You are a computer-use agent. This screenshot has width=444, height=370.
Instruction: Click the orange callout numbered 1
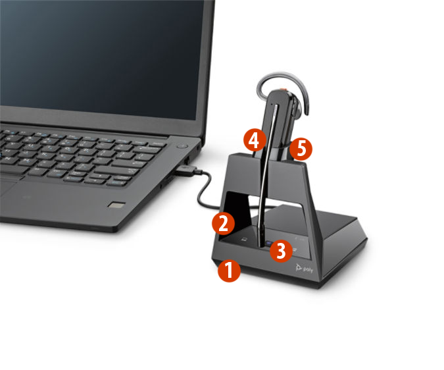tap(229, 271)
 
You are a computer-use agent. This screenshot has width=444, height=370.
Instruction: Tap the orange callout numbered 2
tap(223, 223)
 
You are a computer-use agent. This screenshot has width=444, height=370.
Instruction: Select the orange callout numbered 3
tap(281, 250)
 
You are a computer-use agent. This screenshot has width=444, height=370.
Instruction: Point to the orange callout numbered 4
tap(254, 140)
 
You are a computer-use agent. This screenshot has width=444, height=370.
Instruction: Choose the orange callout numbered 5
tap(301, 148)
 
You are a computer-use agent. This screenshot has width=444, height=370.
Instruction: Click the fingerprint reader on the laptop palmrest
tap(116, 205)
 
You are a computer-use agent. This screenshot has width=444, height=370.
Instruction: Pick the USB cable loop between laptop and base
tap(201, 191)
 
